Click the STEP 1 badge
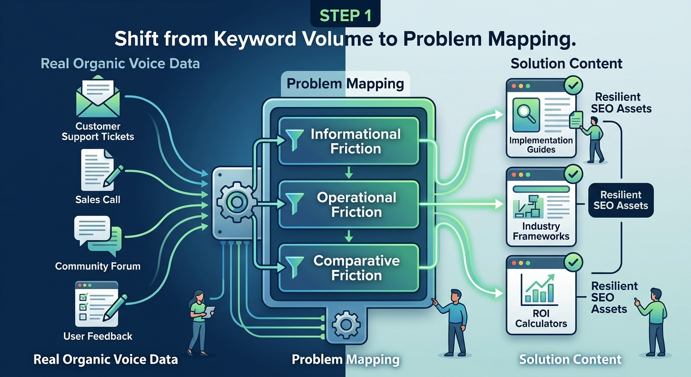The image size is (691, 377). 345,15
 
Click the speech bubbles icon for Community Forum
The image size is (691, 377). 98,236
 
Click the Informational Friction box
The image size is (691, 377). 348,141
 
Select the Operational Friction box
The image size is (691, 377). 348,204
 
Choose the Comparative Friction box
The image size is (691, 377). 348,268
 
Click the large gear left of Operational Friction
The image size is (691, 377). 237,202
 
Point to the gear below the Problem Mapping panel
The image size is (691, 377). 346,325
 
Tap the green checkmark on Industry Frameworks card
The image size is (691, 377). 573,174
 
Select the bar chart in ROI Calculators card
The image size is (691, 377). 539,290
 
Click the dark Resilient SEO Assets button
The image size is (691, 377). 621,200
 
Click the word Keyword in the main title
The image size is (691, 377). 255,39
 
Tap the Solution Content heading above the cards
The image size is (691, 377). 566,63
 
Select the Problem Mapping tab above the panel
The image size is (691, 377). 345,83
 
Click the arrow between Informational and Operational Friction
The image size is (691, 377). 348,172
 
